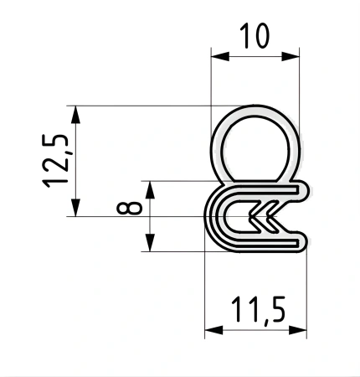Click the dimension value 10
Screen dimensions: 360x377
pyautogui.click(x=255, y=35)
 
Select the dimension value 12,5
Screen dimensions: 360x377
pyautogui.click(x=55, y=161)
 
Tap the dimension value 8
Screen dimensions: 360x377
pyautogui.click(x=130, y=208)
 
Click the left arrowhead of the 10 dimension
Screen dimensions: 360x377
pyautogui.click(x=220, y=56)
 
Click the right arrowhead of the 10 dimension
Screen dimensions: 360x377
pyautogui.click(x=291, y=56)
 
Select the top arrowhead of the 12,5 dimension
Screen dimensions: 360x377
pyautogui.click(x=75, y=115)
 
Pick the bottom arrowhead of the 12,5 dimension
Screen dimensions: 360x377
pyautogui.click(x=75, y=208)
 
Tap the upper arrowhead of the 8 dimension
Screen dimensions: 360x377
pyautogui.click(x=150, y=190)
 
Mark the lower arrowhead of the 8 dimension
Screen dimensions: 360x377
pyautogui.click(x=150, y=243)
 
